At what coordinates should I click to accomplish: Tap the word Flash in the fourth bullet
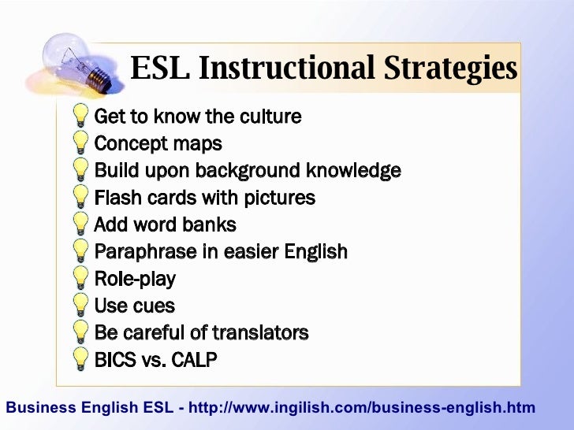(x=115, y=198)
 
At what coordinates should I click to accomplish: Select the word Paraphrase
(x=141, y=252)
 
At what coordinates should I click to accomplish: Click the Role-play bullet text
(x=135, y=280)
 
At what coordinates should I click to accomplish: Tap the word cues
(x=155, y=306)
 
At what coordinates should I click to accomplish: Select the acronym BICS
(x=114, y=360)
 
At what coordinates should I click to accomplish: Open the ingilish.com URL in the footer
(x=363, y=408)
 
